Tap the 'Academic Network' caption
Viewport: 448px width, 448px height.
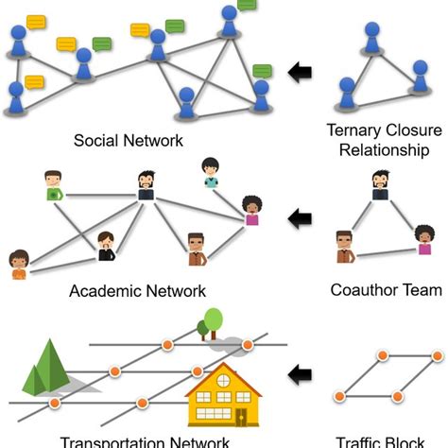[137, 290]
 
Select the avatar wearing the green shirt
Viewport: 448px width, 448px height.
[54, 185]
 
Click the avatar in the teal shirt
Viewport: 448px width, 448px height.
[210, 172]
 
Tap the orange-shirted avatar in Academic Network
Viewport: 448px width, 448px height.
[19, 265]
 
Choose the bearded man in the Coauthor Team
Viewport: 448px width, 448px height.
[380, 186]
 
